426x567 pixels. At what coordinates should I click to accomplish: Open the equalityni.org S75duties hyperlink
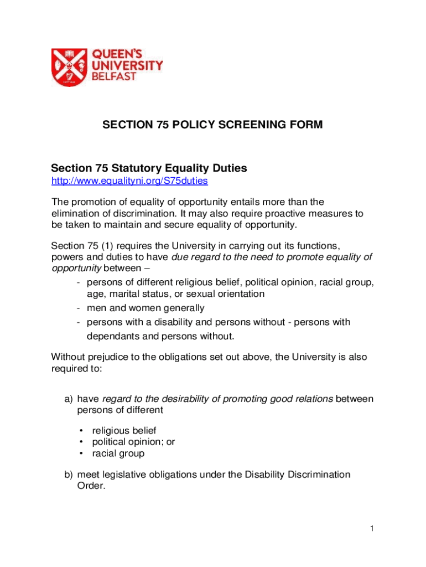(129, 181)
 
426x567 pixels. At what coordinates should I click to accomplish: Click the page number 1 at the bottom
(373, 529)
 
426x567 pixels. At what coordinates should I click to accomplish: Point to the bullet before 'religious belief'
(81, 430)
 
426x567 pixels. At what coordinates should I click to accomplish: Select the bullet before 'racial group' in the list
(81, 453)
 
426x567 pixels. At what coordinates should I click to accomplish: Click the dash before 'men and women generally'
(80, 308)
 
